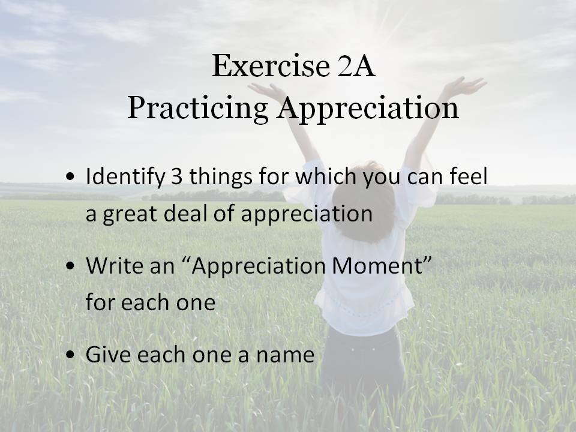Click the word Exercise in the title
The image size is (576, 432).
[x=271, y=66]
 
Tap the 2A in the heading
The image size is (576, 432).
[x=356, y=66]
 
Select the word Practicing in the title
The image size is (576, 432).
[x=197, y=109]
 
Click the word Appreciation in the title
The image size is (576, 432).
[x=368, y=109]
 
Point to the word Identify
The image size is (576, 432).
[x=125, y=177]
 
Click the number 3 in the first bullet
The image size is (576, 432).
[x=176, y=176]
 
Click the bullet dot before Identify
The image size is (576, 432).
[x=70, y=176]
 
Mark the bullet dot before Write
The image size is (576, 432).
[x=70, y=266]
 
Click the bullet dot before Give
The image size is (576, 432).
[x=70, y=355]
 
